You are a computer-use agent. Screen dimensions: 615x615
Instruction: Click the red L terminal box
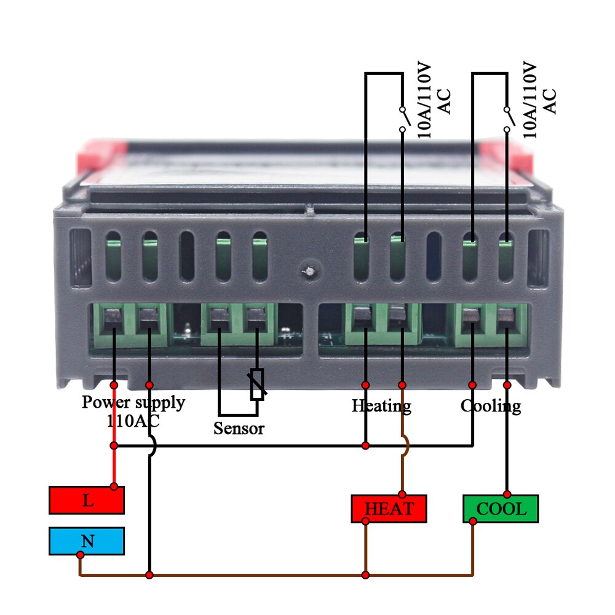(x=87, y=500)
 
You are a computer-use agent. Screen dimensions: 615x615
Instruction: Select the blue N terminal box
(x=87, y=541)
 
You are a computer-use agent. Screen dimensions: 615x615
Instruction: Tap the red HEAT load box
(x=389, y=509)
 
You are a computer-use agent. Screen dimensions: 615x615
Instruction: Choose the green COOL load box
(x=501, y=509)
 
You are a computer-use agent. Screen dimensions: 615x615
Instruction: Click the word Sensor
(x=239, y=428)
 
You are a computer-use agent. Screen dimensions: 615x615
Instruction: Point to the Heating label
(x=381, y=406)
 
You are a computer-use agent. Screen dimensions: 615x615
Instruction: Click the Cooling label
(x=491, y=406)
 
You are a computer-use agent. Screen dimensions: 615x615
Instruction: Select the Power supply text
(x=133, y=402)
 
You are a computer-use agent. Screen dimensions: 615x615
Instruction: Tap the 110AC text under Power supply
(x=133, y=421)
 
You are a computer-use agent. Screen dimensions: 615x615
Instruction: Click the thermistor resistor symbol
(x=257, y=384)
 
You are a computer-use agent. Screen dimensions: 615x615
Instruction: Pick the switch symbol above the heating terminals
(x=402, y=119)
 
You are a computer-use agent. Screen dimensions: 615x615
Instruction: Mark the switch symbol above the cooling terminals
(x=507, y=119)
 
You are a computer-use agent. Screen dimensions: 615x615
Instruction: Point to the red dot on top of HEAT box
(x=402, y=494)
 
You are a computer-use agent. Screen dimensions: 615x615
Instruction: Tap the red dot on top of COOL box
(x=507, y=494)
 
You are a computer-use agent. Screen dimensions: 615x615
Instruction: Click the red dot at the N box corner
(x=80, y=555)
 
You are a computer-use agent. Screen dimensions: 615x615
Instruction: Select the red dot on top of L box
(x=114, y=486)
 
